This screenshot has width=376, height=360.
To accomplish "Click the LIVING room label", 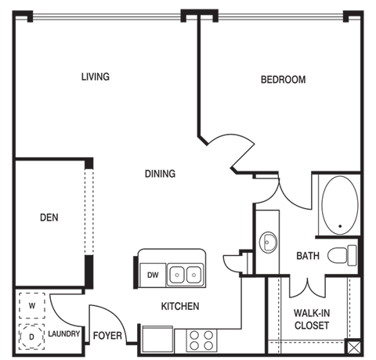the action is point(96,77).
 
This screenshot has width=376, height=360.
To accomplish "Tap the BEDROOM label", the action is point(284,80).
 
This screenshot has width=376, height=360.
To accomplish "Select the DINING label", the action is point(160,174).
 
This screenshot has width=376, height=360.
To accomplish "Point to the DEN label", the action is point(49,218).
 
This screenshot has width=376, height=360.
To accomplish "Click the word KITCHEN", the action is point(180,306).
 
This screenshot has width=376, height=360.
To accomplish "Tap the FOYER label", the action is point(107,336).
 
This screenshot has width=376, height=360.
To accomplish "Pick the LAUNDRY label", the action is point(64,333).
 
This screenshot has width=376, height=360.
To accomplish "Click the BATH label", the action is point(308,256).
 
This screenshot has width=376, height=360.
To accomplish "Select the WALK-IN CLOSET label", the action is point(312,319).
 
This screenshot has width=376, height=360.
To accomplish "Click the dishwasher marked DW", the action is point(153,275).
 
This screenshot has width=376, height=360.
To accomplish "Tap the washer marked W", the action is point(32,305).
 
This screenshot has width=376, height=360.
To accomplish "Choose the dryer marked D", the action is point(31,337).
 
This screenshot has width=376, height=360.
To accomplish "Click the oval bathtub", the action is point(340,205).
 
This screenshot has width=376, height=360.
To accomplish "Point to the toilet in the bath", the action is point(342,255).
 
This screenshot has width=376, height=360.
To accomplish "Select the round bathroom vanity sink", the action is point(268,242).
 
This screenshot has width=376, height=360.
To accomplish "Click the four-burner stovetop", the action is point(201,340).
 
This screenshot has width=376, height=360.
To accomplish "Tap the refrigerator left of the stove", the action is point(157,339).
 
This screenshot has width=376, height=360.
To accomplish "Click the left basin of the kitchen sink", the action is point(177,275).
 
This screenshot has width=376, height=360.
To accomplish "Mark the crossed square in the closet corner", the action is point(353,347).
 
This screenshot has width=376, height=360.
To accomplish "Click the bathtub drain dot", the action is point(340,226).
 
